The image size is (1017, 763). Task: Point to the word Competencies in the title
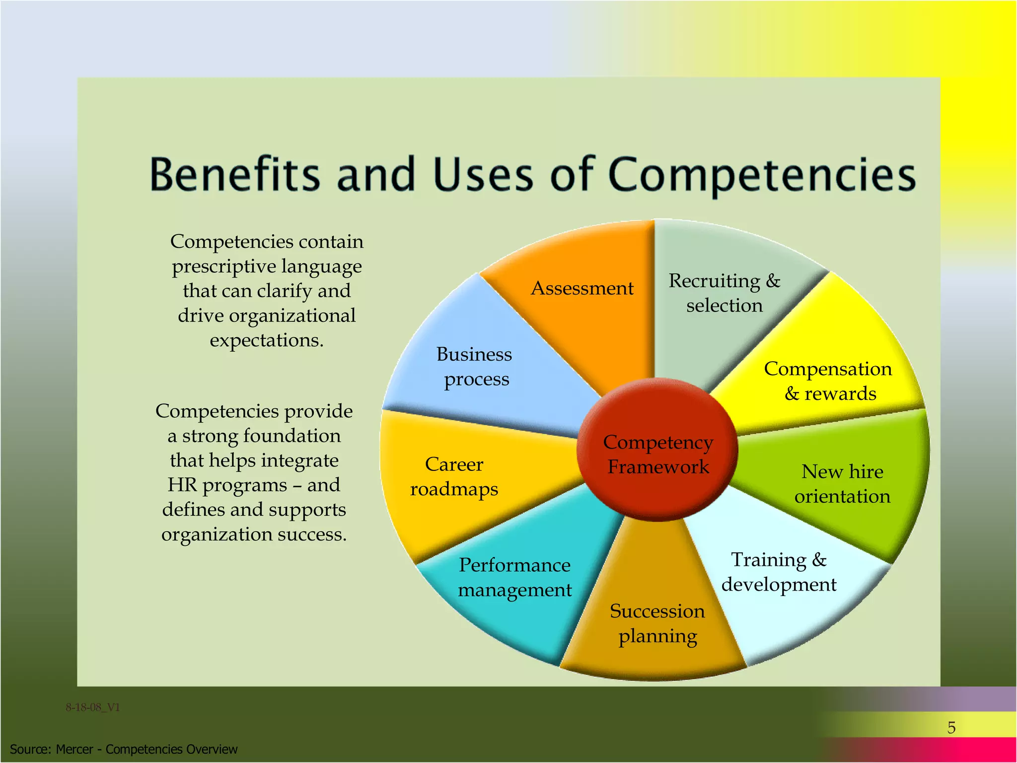[x=762, y=175]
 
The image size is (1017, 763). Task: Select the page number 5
[x=951, y=728]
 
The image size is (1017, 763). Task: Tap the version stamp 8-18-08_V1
[x=93, y=707]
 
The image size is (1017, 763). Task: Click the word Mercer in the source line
[x=74, y=749]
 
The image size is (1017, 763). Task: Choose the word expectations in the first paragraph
[x=266, y=341]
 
